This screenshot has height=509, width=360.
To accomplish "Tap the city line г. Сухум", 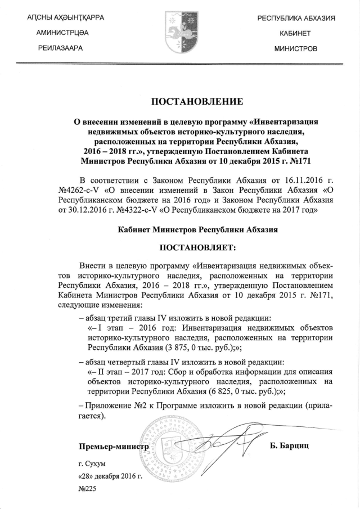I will [92, 463].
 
